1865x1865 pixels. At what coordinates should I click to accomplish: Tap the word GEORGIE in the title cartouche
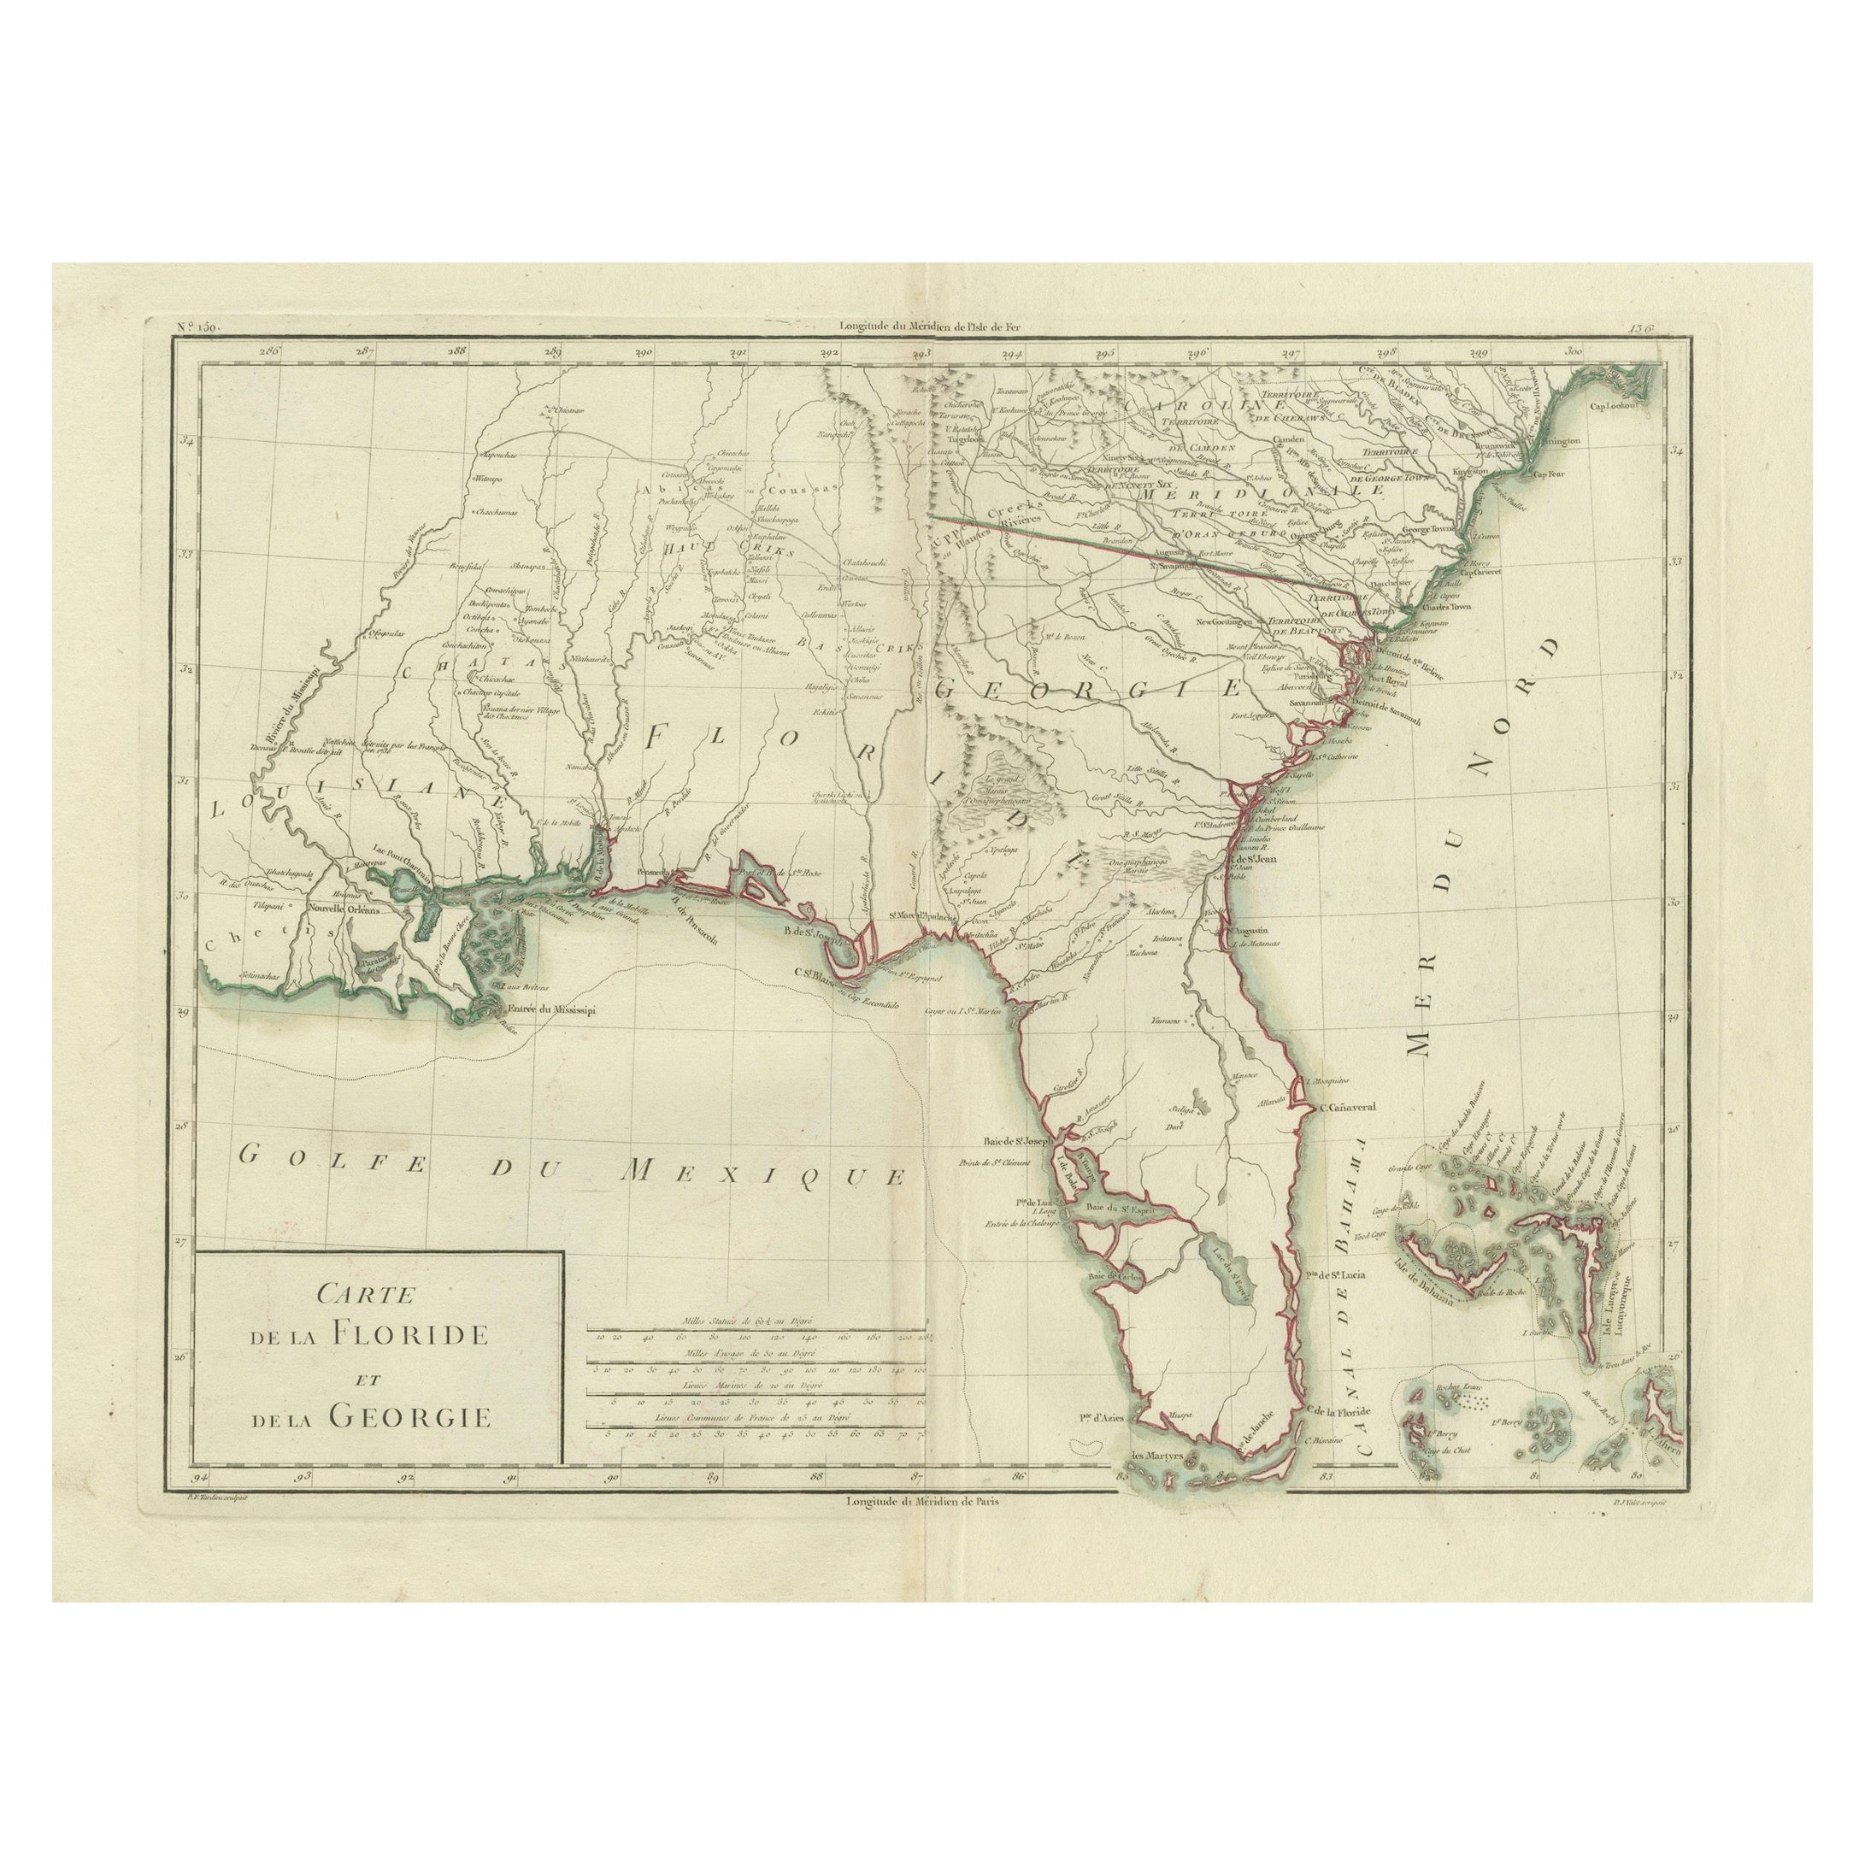[410, 1415]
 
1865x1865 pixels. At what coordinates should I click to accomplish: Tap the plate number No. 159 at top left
[198, 327]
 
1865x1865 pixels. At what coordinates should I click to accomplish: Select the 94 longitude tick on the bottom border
[201, 1479]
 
